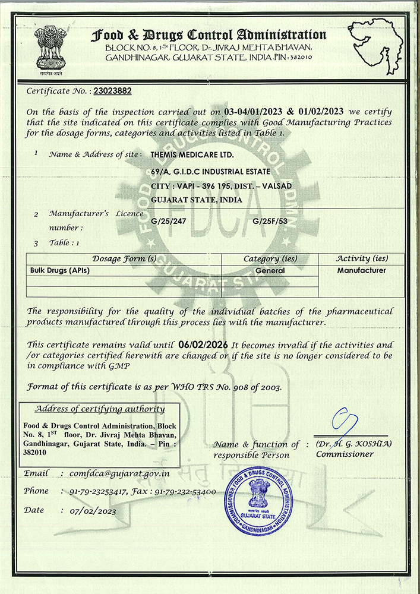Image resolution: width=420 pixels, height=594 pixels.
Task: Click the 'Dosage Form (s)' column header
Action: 124,259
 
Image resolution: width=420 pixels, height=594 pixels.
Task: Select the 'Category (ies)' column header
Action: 270,259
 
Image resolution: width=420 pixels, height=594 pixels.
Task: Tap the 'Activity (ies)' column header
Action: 361,259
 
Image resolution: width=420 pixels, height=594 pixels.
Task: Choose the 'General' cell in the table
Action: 270,270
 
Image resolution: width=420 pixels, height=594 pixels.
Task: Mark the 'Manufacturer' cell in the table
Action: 361,270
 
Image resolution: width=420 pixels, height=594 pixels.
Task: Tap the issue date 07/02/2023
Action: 93,511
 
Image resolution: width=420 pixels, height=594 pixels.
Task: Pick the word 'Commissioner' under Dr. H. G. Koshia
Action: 345,454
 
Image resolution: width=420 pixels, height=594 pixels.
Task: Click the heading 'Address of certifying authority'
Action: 99,409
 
